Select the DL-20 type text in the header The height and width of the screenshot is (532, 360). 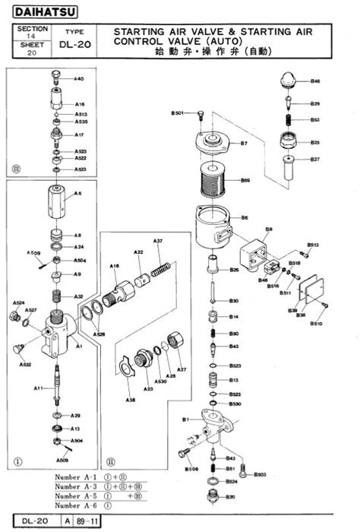pos(75,45)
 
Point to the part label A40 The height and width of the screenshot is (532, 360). pos(79,79)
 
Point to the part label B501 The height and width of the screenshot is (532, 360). pos(176,113)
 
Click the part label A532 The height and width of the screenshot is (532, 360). pos(25,365)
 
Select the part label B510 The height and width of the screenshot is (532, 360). pos(316,323)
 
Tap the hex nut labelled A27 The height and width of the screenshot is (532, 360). pos(175,341)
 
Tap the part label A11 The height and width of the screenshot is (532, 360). pos(37,388)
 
